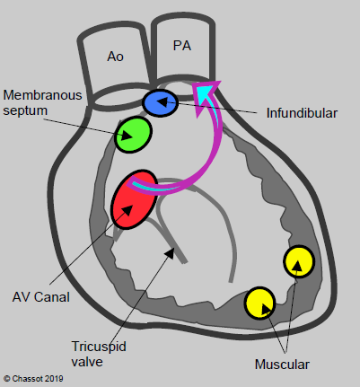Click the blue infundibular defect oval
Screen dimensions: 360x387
(160, 102)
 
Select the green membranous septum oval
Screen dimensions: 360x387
(133, 135)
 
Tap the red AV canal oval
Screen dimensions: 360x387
(134, 199)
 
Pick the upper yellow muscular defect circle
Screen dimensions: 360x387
(299, 261)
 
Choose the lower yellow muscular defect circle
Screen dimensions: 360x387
(259, 303)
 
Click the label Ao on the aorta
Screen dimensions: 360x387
(115, 57)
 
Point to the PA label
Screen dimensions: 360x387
(182, 46)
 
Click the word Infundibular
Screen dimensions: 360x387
(302, 113)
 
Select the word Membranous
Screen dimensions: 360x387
(42, 95)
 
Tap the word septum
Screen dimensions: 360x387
(25, 110)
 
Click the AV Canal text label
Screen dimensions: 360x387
(41, 297)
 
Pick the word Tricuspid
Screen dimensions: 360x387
(99, 347)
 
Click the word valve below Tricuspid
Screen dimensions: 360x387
(87, 362)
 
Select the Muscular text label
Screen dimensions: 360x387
(282, 365)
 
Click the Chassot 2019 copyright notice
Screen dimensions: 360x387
(33, 379)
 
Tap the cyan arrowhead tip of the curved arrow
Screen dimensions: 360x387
(215, 86)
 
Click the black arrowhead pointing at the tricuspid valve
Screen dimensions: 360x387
(170, 253)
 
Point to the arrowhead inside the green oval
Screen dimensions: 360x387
(127, 136)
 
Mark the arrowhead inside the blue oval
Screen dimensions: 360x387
(162, 101)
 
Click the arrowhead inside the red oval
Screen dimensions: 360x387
(127, 209)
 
